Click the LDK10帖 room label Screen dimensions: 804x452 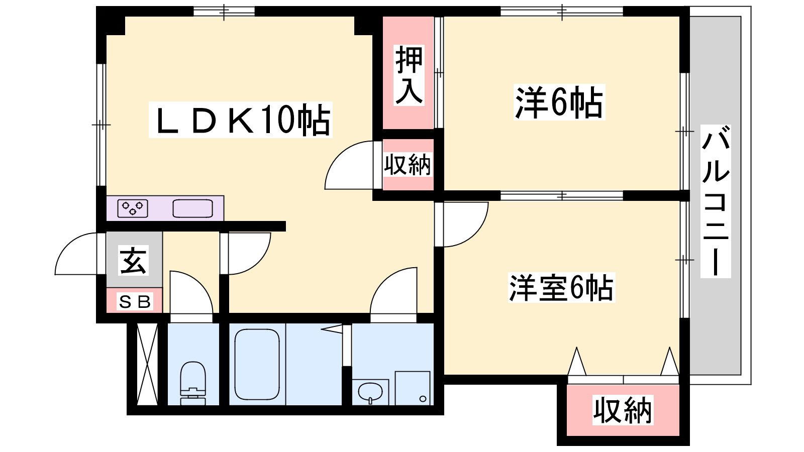[241, 120]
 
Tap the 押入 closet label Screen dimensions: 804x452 [409, 75]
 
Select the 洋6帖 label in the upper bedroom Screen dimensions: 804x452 [559, 102]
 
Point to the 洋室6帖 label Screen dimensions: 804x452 [561, 288]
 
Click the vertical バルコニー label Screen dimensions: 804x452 [716, 201]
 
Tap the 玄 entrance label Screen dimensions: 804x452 [133, 261]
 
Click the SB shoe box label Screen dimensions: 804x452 [135, 301]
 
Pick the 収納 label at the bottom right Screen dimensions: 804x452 [623, 410]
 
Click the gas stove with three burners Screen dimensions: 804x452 [133, 208]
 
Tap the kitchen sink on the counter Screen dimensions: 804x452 [193, 208]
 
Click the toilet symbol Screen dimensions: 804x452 [193, 383]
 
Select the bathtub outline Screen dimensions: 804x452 [257, 365]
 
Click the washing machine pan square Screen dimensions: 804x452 [413, 388]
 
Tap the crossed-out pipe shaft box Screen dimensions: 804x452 [148, 364]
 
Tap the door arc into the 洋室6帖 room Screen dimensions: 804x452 [477, 233]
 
